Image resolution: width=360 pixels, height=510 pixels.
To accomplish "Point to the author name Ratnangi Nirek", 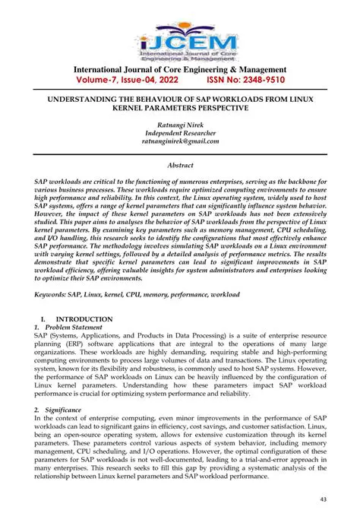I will pos(180,124).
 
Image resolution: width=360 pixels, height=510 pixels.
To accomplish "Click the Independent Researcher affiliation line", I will pos(180,132).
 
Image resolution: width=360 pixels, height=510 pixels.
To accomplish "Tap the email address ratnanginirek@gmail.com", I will pos(180,141).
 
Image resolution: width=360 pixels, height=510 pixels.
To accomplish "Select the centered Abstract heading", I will pos(180,164).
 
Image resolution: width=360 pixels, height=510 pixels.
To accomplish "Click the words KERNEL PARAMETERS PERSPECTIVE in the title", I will pos(180,109).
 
